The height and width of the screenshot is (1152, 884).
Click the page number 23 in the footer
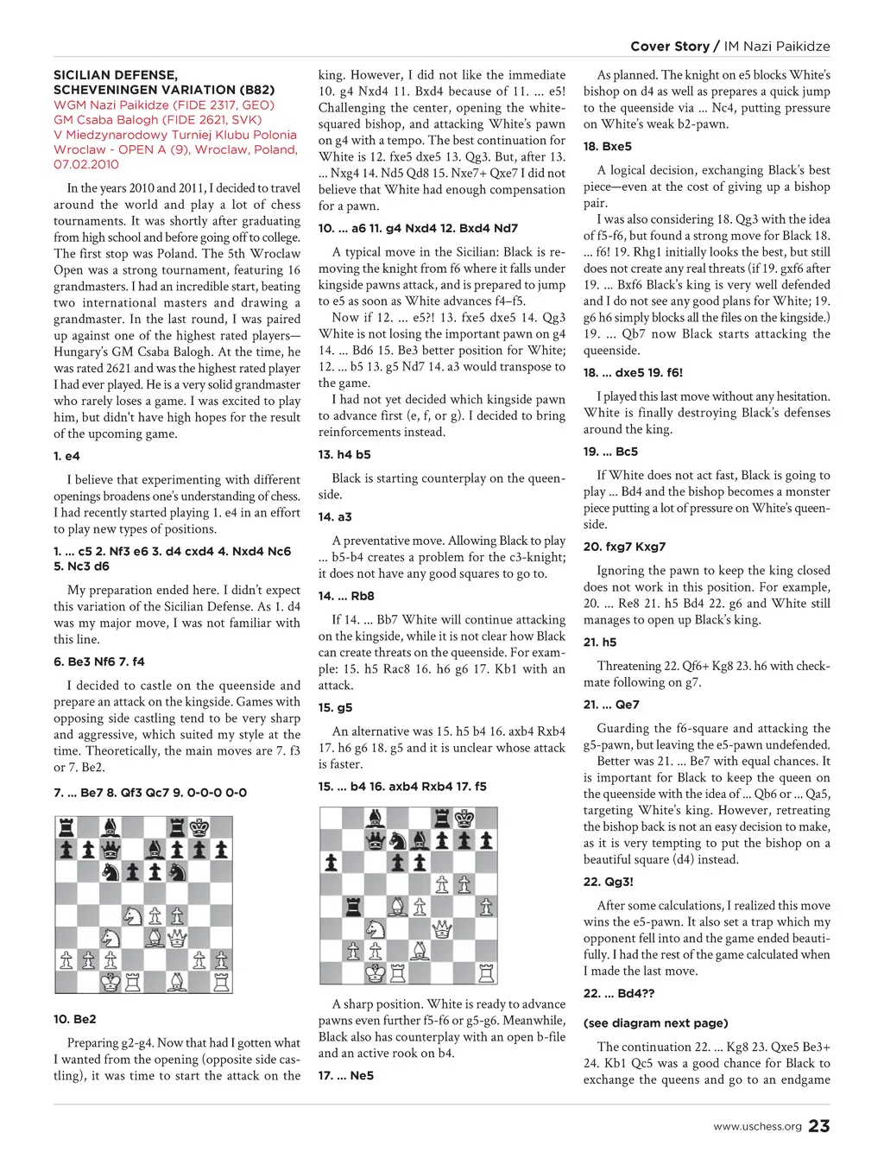coord(819,1125)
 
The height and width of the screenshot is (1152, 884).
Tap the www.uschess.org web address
coord(757,1126)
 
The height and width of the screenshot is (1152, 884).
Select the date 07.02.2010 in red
coord(86,164)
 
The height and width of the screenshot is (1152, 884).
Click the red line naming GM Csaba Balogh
coord(157,120)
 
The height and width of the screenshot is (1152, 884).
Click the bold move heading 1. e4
coord(66,456)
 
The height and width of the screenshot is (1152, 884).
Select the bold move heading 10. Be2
coord(75,1019)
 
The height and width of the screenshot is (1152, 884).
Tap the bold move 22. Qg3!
coord(609,882)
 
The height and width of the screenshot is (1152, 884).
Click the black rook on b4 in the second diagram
coord(352,906)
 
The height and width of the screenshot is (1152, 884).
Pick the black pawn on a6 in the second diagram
coord(331,862)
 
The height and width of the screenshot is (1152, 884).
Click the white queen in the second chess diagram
coord(442,928)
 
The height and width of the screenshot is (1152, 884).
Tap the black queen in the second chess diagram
coord(375,839)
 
